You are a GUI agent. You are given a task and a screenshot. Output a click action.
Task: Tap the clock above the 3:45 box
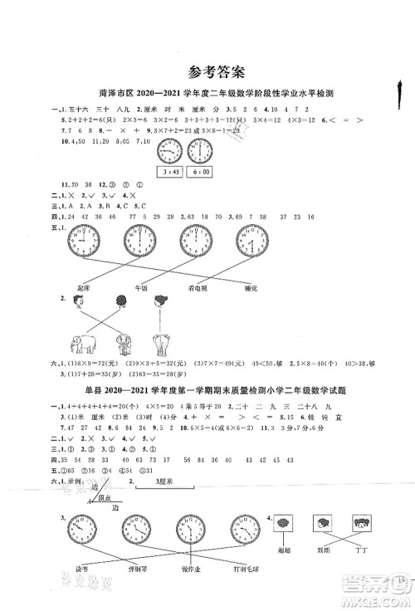[x=168, y=151]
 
